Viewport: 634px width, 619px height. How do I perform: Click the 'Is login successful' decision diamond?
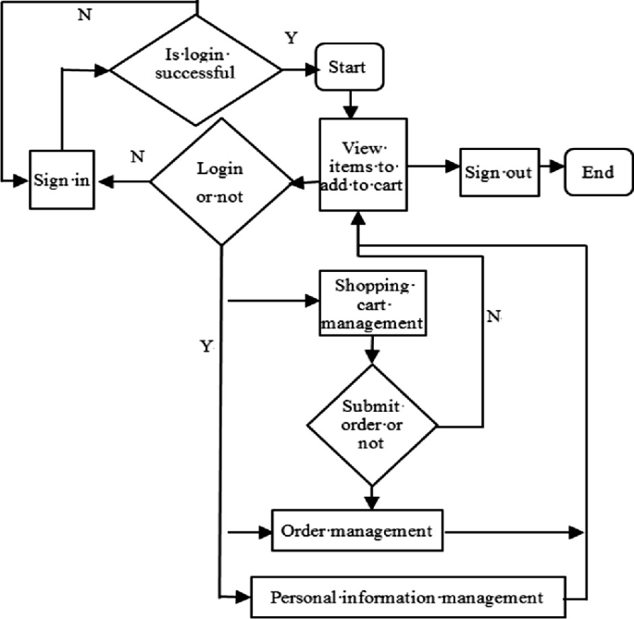tap(195, 68)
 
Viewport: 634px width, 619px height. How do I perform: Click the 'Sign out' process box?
tap(498, 171)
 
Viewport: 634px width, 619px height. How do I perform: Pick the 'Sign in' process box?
tap(61, 180)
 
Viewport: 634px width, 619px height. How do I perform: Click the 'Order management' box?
tap(356, 531)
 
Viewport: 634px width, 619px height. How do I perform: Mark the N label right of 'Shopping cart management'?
tap(493, 316)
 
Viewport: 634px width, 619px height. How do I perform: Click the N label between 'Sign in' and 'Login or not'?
tap(137, 156)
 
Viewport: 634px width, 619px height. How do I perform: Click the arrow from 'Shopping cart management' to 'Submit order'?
tap(372, 350)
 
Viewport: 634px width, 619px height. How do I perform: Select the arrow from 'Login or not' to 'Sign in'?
tap(125, 181)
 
